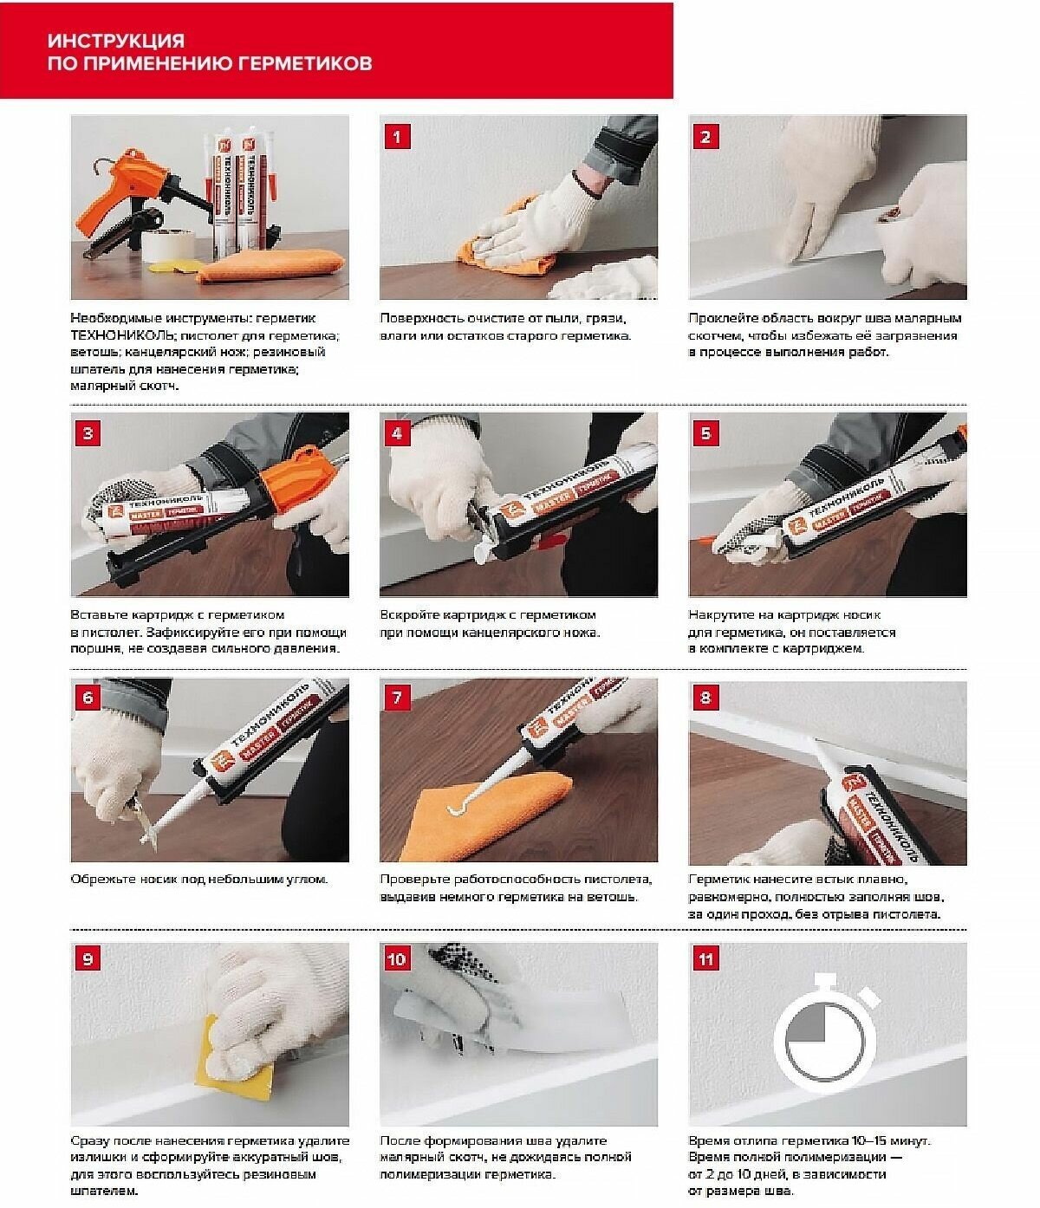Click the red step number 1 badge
click(x=397, y=137)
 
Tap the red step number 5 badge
click(x=705, y=433)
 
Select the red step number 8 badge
click(x=705, y=698)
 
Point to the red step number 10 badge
click(x=397, y=959)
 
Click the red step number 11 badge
click(x=705, y=959)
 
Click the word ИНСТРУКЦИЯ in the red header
click(x=116, y=41)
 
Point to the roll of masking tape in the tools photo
click(x=168, y=246)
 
